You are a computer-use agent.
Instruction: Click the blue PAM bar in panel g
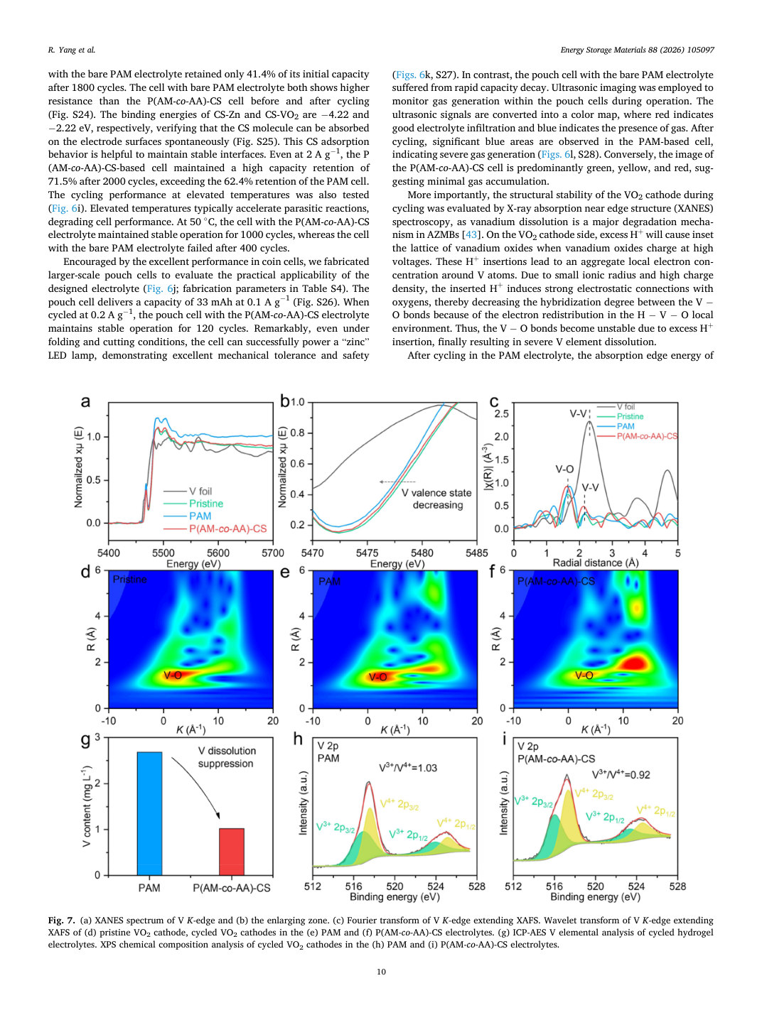click(x=149, y=813)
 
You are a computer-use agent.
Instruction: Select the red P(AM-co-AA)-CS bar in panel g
click(x=231, y=852)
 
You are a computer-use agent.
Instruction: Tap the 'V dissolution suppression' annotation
click(x=226, y=757)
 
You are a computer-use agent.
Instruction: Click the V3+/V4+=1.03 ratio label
click(x=407, y=768)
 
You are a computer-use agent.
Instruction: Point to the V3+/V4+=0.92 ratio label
click(x=621, y=774)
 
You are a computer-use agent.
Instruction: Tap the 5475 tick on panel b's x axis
click(x=367, y=553)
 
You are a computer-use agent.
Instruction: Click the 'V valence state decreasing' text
click(x=436, y=499)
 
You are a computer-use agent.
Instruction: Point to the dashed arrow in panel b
click(x=397, y=482)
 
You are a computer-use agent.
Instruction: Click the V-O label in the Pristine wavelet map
click(x=173, y=675)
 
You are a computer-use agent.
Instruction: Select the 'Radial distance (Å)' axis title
click(x=596, y=563)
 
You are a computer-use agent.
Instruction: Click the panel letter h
click(x=298, y=739)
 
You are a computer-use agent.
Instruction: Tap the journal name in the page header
click(x=637, y=50)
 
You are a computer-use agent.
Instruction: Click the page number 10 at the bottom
click(x=381, y=972)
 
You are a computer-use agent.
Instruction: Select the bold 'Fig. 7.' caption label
click(x=62, y=921)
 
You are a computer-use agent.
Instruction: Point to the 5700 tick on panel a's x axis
click(x=272, y=553)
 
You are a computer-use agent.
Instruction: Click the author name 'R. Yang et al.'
click(x=72, y=50)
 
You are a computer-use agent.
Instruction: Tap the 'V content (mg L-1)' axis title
click(x=87, y=806)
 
